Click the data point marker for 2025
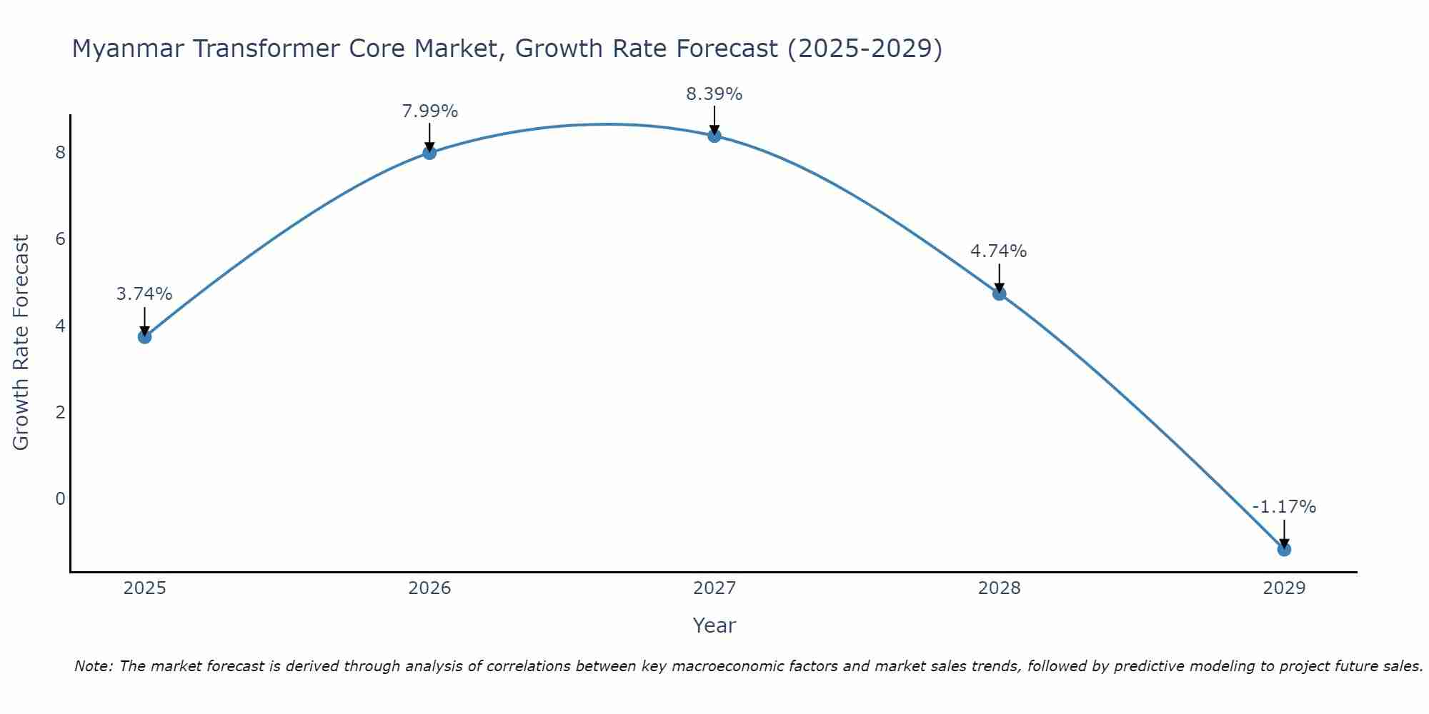point(144,336)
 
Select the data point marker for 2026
point(429,152)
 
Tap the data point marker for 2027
point(714,135)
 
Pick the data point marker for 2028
point(999,293)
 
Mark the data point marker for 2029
point(1284,549)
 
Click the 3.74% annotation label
point(144,294)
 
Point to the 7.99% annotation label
point(429,111)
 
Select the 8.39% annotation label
point(714,94)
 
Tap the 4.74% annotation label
point(998,251)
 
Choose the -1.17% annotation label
point(1284,507)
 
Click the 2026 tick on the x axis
point(429,588)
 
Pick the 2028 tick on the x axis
point(999,588)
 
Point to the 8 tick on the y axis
point(60,152)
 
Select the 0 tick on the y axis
point(60,498)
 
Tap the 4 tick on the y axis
point(60,326)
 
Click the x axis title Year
point(714,625)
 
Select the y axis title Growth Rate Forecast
point(21,343)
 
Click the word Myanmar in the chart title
point(128,49)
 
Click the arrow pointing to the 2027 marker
point(714,120)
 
